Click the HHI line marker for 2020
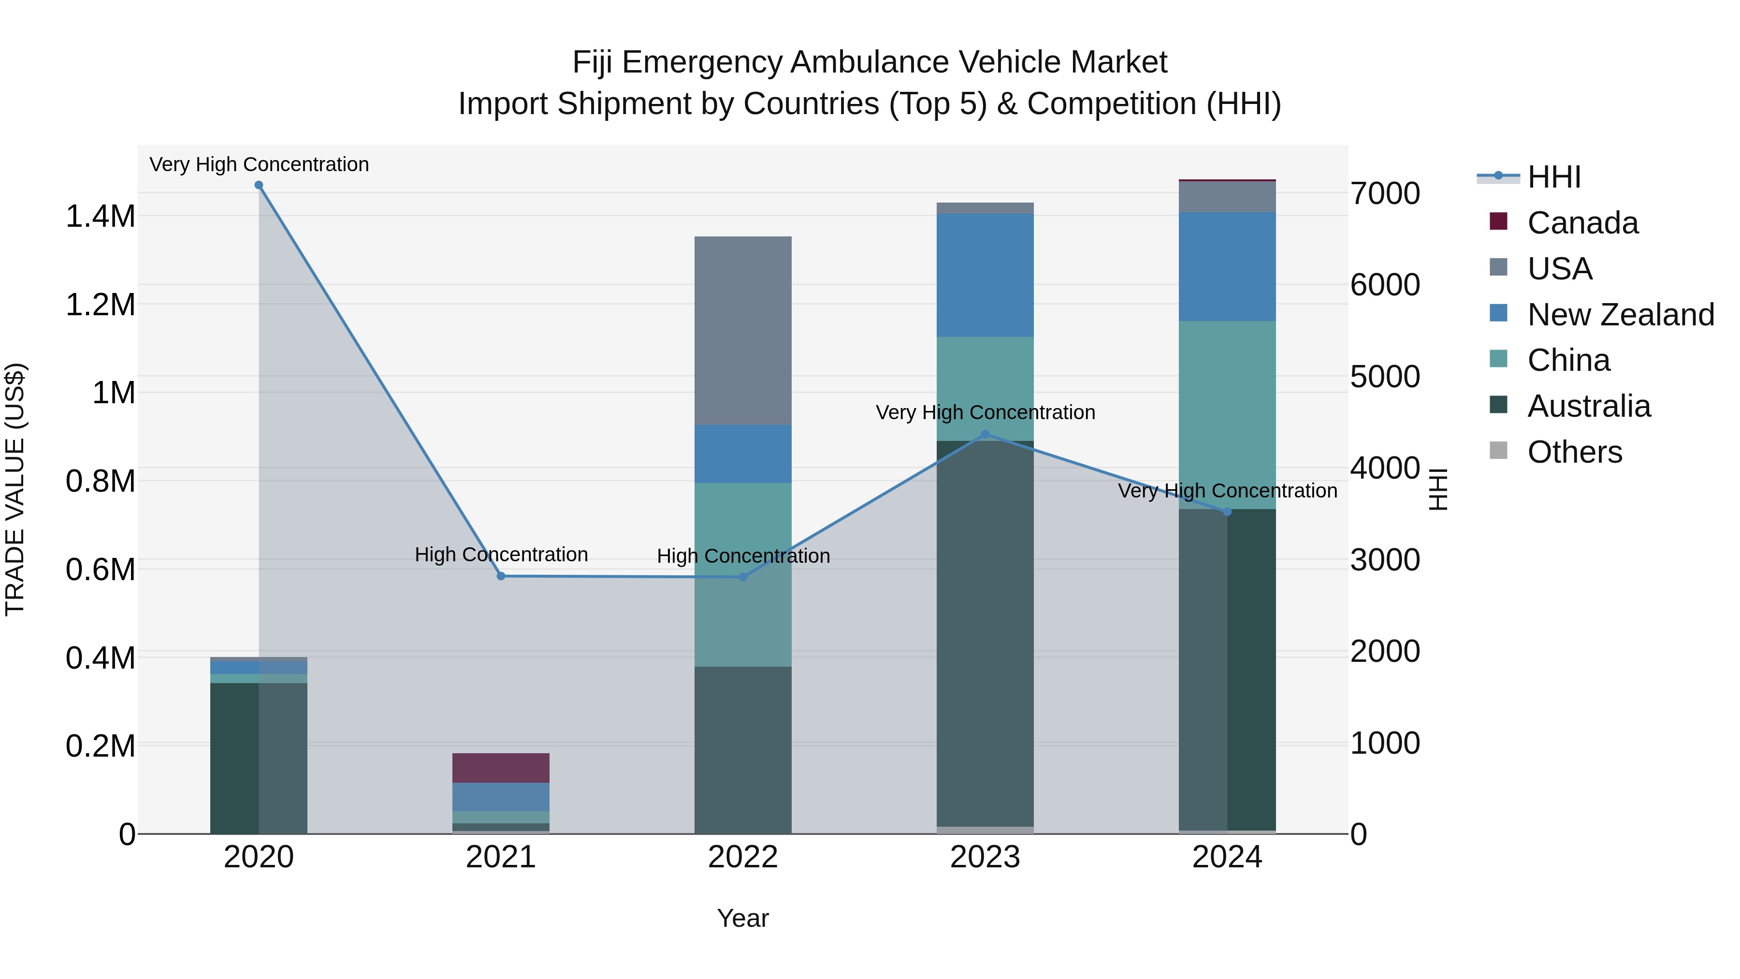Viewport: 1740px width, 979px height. coord(259,185)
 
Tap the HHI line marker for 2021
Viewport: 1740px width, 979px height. coord(501,576)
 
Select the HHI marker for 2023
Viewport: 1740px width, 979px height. coord(985,435)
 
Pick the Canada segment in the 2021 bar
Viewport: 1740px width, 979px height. coord(501,768)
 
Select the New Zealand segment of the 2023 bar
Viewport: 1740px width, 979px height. coord(985,275)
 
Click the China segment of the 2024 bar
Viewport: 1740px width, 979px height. coord(1227,415)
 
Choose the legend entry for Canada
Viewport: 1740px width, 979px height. coord(1582,223)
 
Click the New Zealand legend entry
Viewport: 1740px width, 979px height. coord(1620,315)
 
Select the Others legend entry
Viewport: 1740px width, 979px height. coord(1574,452)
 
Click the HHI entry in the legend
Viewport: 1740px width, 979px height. coord(1553,177)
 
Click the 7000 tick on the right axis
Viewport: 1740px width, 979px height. coord(1385,194)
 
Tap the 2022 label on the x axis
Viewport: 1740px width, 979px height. coord(743,857)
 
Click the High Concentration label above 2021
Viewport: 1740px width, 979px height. coord(501,555)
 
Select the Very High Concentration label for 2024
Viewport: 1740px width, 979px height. coord(1227,491)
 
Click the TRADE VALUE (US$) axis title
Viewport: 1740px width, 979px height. coord(15,489)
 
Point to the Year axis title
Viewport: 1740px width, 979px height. coord(743,918)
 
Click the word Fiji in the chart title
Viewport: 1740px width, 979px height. coord(593,62)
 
